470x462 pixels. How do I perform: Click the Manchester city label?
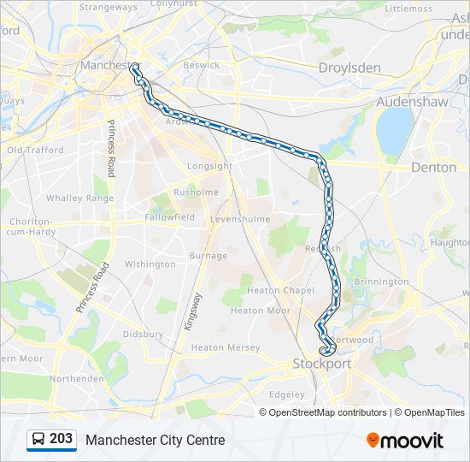click(x=105, y=65)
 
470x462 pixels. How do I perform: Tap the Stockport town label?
click(x=322, y=364)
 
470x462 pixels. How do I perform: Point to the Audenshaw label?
click(x=412, y=101)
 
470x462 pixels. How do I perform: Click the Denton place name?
click(x=433, y=168)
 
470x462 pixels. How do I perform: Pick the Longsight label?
click(x=209, y=166)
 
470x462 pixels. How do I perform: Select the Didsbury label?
click(x=143, y=335)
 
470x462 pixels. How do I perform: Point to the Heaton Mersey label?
click(x=225, y=347)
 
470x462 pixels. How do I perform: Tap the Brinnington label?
click(x=381, y=281)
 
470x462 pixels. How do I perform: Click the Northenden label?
click(x=77, y=378)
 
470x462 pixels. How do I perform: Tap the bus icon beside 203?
click(x=38, y=440)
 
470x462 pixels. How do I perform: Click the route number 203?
click(x=61, y=439)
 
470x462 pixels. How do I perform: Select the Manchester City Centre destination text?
click(x=155, y=440)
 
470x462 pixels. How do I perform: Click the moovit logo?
click(x=405, y=440)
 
